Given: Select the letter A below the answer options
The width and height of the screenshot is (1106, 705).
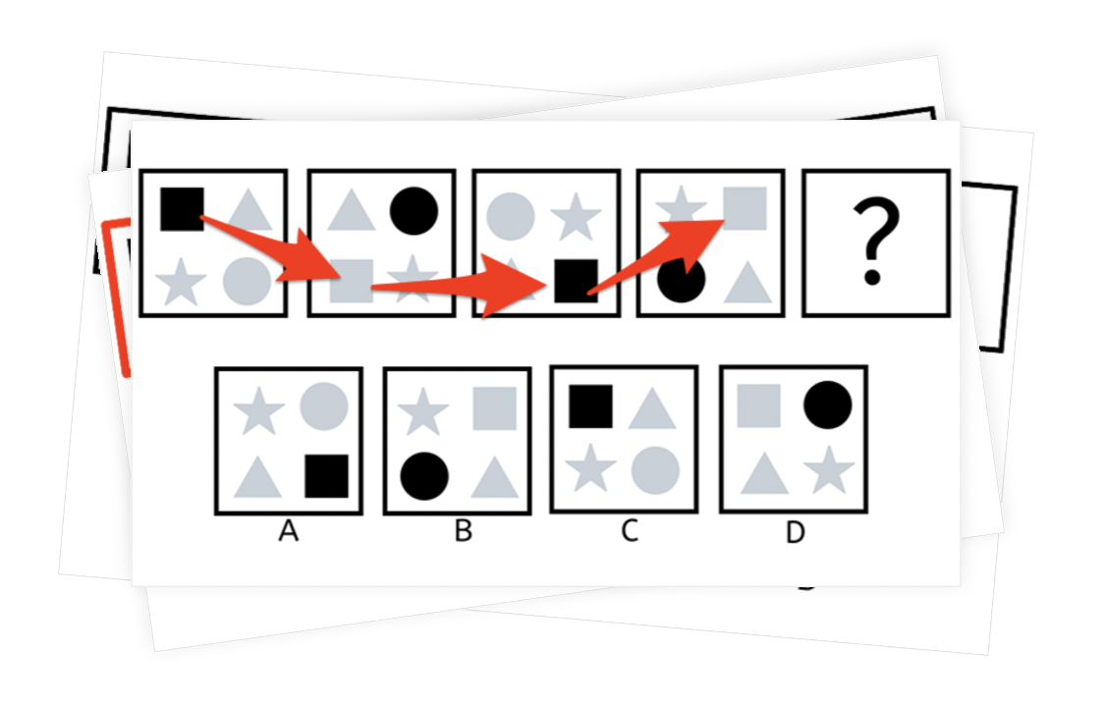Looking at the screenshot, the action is point(288,530).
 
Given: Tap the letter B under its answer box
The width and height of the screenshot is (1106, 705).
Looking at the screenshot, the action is point(464,530).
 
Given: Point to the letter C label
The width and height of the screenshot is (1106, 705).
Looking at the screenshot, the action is point(630,530).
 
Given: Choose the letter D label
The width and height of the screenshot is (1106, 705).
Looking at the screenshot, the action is point(795,532).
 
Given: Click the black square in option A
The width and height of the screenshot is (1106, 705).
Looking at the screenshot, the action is point(326,476).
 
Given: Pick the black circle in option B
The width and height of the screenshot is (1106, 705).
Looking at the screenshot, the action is point(424,476).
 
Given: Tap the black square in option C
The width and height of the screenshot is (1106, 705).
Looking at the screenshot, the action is point(590,407).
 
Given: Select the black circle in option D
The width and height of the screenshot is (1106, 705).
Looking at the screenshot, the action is point(827,405).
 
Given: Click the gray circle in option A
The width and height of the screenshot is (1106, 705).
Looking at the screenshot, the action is point(324,407).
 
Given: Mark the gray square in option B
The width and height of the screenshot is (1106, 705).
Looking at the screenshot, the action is point(494,408).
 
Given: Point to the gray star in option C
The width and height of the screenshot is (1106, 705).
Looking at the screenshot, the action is point(590,467).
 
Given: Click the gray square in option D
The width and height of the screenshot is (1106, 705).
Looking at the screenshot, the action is point(759,406).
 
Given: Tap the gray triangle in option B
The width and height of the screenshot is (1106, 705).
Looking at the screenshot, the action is point(494,479).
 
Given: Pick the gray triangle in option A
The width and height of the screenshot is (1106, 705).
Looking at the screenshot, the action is point(257,479).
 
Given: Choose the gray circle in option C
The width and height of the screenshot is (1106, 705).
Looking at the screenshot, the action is point(655,470).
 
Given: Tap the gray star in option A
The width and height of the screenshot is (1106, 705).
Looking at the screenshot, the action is point(259,410).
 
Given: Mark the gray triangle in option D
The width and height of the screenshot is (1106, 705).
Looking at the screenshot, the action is point(764,474).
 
